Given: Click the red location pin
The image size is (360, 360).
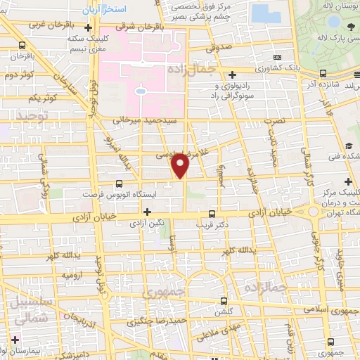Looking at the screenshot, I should (181, 166).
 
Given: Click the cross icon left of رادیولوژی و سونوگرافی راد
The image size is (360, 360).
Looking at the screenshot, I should (233, 75).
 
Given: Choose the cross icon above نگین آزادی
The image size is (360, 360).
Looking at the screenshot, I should (147, 212).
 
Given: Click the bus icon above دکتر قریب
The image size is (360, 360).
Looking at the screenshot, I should (212, 214).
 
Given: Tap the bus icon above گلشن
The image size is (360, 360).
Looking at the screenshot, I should (224, 298).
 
